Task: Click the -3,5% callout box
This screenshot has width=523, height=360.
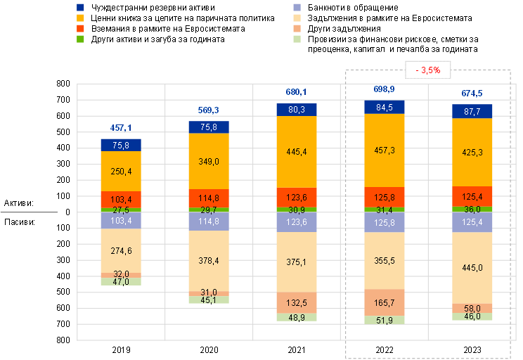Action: (x=427, y=70)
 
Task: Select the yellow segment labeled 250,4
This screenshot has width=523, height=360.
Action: (x=120, y=171)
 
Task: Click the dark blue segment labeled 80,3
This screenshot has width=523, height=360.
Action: (x=297, y=110)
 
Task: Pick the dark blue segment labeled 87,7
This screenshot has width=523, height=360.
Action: (x=472, y=111)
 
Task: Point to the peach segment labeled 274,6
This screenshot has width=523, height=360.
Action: (x=120, y=250)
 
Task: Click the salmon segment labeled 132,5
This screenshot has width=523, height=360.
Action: (x=297, y=302)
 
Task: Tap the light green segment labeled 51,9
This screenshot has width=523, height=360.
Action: (x=384, y=320)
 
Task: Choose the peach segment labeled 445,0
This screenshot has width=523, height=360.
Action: (x=472, y=267)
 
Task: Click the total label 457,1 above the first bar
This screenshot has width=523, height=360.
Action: (x=120, y=128)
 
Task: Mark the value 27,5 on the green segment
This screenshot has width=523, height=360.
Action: (x=120, y=210)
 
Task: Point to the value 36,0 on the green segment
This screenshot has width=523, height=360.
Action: (x=472, y=209)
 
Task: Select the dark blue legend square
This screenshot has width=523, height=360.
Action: (x=80, y=7)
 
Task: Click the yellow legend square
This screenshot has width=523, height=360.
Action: (x=80, y=18)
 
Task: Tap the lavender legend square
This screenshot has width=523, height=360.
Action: (x=297, y=7)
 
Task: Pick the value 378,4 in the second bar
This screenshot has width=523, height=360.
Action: (x=209, y=260)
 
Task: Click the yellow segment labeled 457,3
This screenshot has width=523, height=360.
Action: (x=384, y=150)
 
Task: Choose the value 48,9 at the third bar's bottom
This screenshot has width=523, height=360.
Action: (x=297, y=318)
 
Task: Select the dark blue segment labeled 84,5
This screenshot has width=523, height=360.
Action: (x=384, y=108)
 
